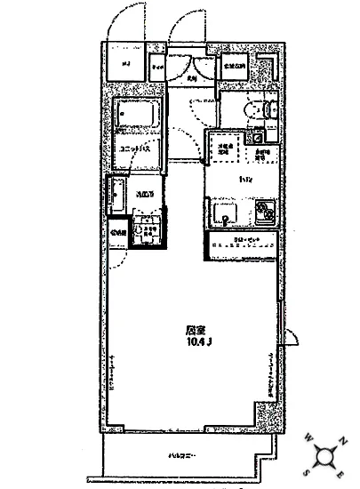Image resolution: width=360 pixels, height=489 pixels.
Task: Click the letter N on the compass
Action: click(343, 443)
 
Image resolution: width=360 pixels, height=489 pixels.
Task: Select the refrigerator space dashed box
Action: click(220, 148)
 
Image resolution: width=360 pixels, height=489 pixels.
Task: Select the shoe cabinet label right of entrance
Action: click(233, 65)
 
